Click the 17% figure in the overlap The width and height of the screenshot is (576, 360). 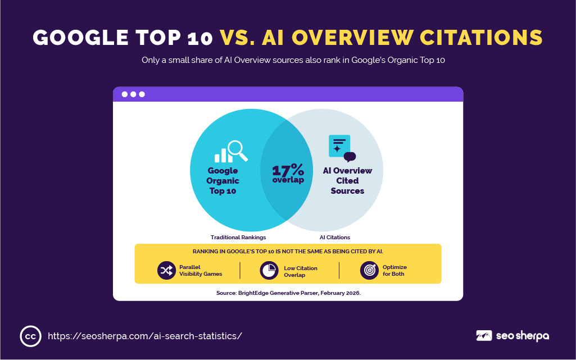[x=288, y=170]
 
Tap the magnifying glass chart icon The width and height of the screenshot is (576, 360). [x=231, y=151]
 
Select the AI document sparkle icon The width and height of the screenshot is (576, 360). [x=342, y=148]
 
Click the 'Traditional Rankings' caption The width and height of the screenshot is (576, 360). [x=238, y=238]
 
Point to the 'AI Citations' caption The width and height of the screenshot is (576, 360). [x=335, y=238]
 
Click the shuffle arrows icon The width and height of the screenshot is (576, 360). [x=166, y=271]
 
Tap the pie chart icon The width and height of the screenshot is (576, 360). [x=269, y=271]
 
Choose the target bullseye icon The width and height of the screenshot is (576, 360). [x=369, y=271]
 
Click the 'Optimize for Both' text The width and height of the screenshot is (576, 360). [x=394, y=271]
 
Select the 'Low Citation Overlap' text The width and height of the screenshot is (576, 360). [x=301, y=272]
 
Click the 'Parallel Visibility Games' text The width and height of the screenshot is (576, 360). [x=201, y=271]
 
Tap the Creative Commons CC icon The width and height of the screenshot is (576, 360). [x=30, y=336]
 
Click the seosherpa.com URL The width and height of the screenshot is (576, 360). [x=145, y=336]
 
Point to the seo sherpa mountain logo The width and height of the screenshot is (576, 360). [x=484, y=336]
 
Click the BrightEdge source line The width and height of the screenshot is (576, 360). [x=288, y=293]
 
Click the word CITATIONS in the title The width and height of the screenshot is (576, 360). [x=481, y=38]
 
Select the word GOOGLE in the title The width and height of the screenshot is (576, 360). [x=80, y=38]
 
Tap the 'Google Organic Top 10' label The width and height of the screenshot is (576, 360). [x=223, y=180]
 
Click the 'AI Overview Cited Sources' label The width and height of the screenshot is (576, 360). [x=347, y=180]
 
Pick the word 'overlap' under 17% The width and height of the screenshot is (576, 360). [x=288, y=180]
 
